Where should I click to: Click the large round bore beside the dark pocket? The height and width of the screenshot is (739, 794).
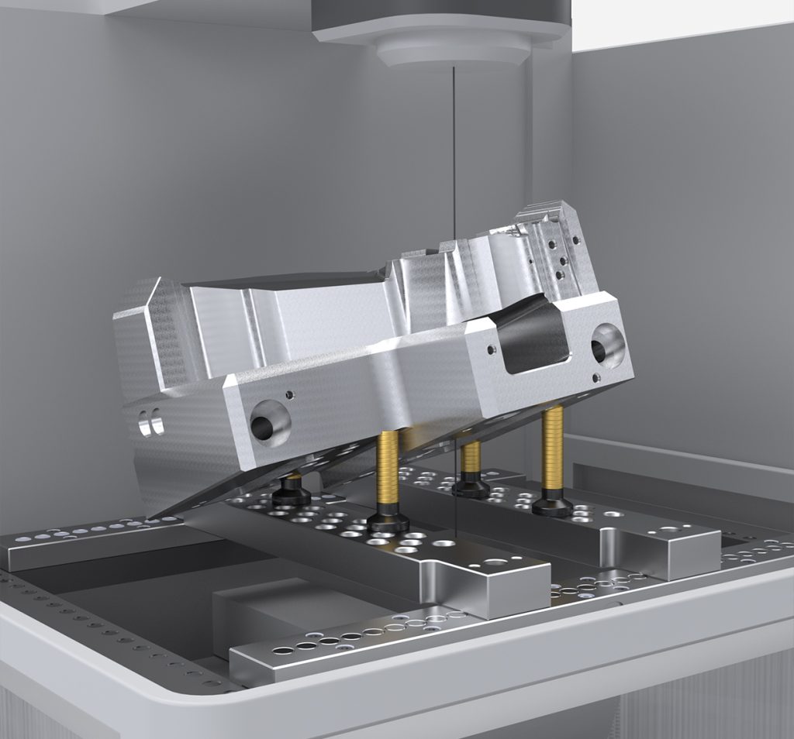pos(608,345)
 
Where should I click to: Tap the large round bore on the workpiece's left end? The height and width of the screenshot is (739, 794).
pos(269,424)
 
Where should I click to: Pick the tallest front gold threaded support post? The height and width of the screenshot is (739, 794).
pos(388,473)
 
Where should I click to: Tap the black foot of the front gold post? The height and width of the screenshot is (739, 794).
pos(388,522)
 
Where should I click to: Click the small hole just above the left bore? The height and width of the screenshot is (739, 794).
pos(292,394)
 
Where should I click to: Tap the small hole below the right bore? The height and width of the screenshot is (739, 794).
pos(595,378)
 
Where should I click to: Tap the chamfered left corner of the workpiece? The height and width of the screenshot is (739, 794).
pos(140,302)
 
